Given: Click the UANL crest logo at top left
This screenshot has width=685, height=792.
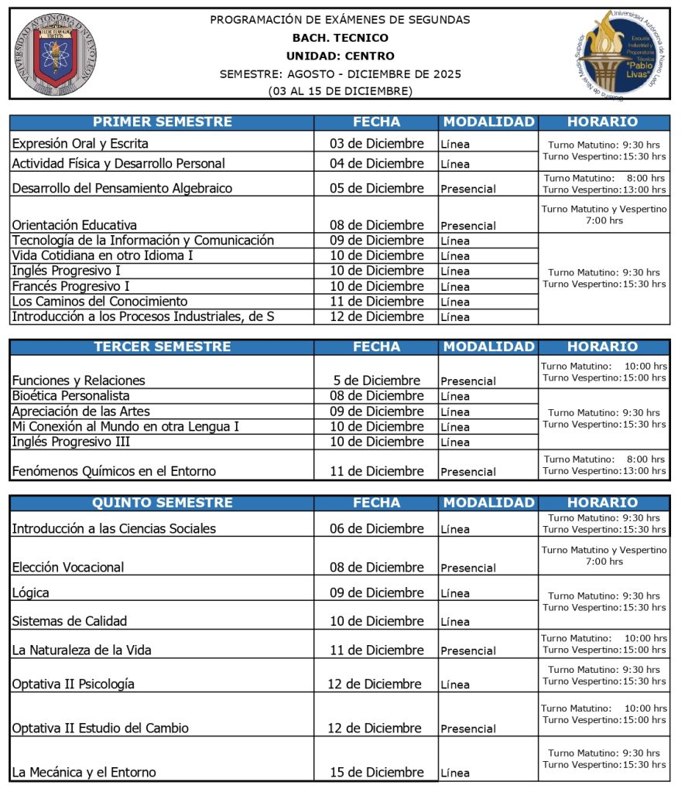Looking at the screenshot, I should coord(55,54).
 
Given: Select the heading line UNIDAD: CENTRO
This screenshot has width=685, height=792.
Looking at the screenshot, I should coord(340,56).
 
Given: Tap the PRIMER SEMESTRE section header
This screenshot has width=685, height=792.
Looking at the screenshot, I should coord(162,122).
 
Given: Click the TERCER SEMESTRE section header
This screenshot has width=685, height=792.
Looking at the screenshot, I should coord(162,347).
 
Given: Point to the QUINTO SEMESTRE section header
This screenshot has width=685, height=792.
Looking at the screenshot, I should coord(162,503).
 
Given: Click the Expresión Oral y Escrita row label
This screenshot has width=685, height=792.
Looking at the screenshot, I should coord(80,144).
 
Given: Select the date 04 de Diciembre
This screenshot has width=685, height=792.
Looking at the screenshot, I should coord(377,163).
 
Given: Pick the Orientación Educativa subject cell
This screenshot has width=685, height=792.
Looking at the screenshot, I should coord(74,225).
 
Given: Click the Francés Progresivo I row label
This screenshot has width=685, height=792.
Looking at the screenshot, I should coord(72,286).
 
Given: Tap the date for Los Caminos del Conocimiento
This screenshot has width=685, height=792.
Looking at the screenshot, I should coord(377,302).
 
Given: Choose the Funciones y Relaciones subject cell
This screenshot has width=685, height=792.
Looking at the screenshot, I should coord(78,381).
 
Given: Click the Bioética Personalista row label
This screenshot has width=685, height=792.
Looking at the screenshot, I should coord(70,396).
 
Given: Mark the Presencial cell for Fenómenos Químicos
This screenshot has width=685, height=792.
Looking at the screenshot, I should coord(468,472).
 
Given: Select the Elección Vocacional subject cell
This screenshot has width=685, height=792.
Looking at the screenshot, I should coord(68,567).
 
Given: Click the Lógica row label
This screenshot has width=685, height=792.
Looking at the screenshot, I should coord(31,593).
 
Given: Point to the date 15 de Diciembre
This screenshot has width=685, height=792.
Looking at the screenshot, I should coord(377,772).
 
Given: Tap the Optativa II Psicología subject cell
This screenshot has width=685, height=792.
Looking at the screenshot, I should coord(74,684).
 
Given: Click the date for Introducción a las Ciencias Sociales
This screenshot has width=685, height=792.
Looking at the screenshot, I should coord(377,529).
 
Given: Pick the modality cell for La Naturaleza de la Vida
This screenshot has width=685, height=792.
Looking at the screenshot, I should coord(468,651).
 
